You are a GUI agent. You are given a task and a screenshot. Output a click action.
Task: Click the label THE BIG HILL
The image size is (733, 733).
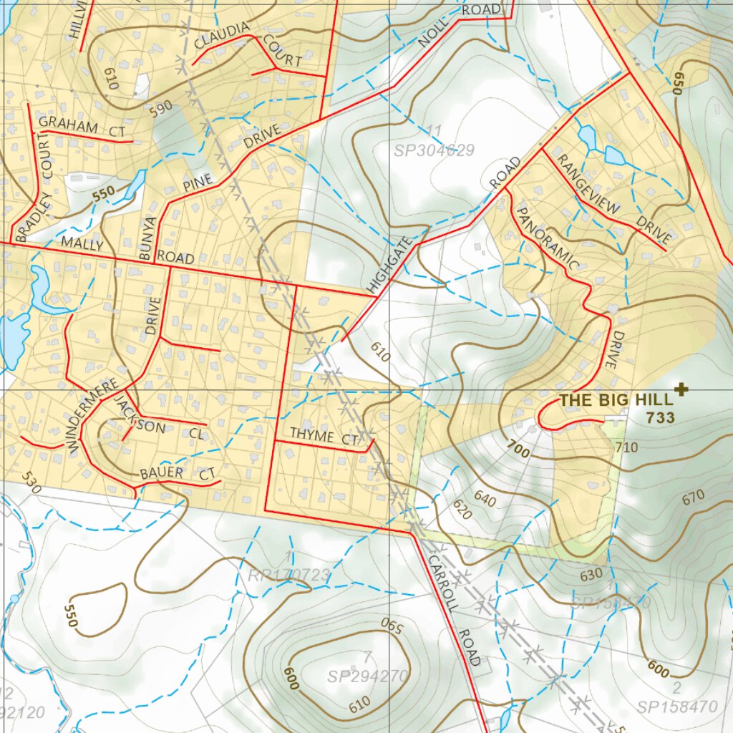615,400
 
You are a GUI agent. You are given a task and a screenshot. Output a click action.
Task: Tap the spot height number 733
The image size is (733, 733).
660,417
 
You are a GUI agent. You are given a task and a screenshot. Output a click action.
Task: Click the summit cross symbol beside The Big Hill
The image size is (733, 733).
681,389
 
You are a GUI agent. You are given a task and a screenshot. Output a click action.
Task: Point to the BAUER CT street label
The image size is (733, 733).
178,474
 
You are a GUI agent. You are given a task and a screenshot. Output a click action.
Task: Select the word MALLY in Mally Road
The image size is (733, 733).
82,243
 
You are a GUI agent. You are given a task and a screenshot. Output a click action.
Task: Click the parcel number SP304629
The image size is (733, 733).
434,151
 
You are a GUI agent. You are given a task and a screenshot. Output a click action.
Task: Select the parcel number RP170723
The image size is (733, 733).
288,575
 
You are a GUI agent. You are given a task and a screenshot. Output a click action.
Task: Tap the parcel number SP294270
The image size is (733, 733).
368,676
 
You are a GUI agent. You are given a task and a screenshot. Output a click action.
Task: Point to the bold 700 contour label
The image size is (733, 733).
518,450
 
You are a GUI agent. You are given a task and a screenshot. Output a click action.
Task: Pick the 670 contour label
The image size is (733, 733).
693,496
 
